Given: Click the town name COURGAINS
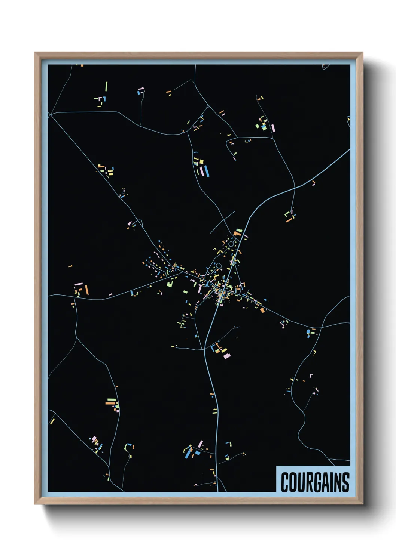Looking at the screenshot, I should (315, 482).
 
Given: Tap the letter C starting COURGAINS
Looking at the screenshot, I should (285, 482).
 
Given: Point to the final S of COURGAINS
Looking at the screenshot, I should (345, 482).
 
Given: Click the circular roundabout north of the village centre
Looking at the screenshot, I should (231, 244).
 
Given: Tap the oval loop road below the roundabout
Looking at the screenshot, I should (218, 266).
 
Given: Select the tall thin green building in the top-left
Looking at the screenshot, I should (106, 86).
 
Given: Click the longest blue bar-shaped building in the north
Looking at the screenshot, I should (207, 171).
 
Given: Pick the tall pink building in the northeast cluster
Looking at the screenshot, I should (273, 127).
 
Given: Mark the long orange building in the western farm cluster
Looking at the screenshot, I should (86, 290).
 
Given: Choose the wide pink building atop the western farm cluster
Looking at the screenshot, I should (79, 284).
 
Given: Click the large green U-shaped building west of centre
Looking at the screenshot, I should (170, 283).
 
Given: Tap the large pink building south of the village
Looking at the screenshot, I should (227, 356).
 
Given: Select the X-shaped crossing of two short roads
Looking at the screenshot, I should (223, 222).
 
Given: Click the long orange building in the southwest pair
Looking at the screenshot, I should (111, 403).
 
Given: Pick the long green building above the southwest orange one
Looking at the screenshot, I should (112, 399).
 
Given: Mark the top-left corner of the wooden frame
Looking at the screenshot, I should (35, 53).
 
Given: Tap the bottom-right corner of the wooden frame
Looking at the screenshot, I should (362, 504).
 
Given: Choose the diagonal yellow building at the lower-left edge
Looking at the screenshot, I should (52, 421).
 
